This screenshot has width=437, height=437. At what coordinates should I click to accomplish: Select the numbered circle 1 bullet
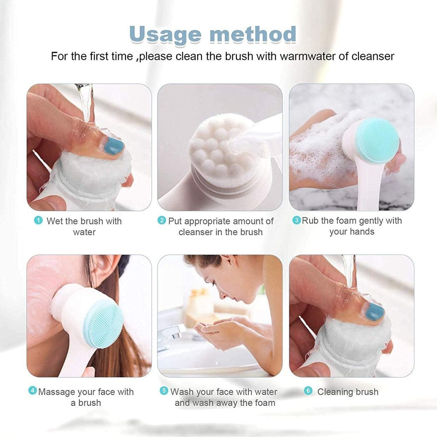38,221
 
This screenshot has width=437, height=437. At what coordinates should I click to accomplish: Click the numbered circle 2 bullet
162,221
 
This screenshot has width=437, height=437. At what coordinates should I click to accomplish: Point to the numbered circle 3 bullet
296,221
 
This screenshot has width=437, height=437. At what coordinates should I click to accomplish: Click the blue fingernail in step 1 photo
114,146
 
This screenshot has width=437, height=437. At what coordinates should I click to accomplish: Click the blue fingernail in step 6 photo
375,312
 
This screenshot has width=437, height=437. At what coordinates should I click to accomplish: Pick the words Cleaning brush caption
347,392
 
